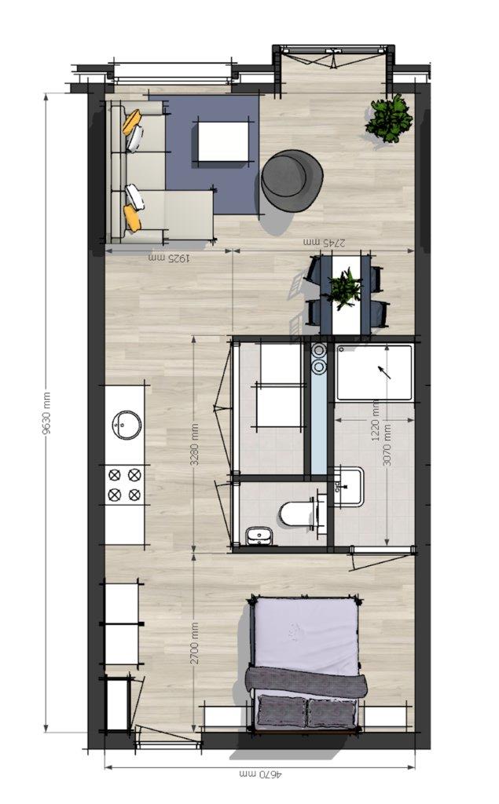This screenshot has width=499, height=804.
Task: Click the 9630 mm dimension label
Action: coord(46,413)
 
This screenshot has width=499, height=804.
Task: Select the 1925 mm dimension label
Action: coord(170,258)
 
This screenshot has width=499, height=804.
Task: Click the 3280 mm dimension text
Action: coord(195,444)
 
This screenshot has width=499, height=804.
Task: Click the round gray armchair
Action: coord(292,180)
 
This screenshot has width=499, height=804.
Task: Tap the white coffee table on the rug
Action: coord(223,140)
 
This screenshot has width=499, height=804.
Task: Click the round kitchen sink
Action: coord(127,425)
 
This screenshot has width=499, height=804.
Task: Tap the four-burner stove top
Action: coord(125,485)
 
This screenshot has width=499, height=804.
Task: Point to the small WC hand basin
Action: coord(259,536)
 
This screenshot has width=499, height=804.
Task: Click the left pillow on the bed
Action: coord(282,711)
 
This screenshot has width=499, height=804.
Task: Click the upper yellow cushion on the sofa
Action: coord(131,122)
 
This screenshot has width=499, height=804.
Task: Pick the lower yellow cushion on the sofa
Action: coord(132,218)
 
